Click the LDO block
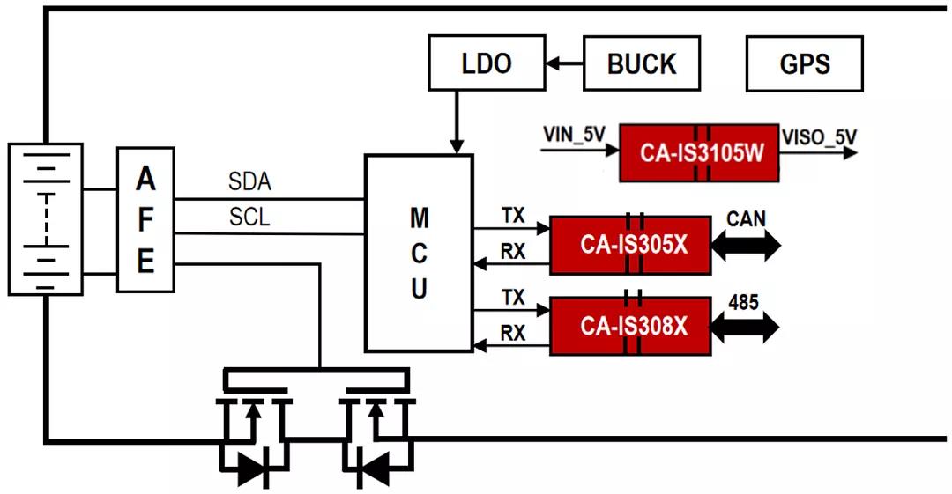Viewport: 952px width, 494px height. [x=486, y=63]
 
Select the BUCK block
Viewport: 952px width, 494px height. [x=642, y=63]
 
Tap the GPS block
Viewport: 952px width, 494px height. [x=804, y=63]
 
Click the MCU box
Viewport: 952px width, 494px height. [x=419, y=252]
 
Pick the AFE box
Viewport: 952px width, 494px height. [x=145, y=220]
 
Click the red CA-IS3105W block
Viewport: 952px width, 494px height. [x=698, y=153]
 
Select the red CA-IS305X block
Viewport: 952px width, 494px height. [x=630, y=245]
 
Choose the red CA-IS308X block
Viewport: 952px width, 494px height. [x=630, y=326]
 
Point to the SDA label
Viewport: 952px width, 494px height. [x=249, y=182]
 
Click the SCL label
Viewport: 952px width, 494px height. [x=249, y=217]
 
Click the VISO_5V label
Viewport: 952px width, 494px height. [x=819, y=136]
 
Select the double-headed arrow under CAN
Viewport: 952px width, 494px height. [x=746, y=246]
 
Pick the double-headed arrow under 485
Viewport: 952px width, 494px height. [x=745, y=328]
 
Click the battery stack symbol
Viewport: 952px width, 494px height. [x=45, y=218]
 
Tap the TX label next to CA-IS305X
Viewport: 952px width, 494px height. [x=513, y=216]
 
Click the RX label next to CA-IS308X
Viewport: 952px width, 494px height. [x=513, y=333]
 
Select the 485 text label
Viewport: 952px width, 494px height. [x=744, y=303]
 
